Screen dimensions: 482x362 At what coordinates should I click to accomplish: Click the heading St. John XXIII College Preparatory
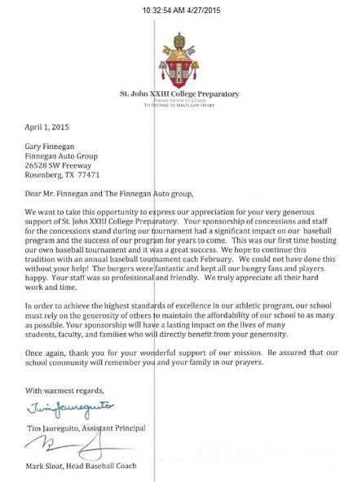pyautogui.click(x=181, y=94)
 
